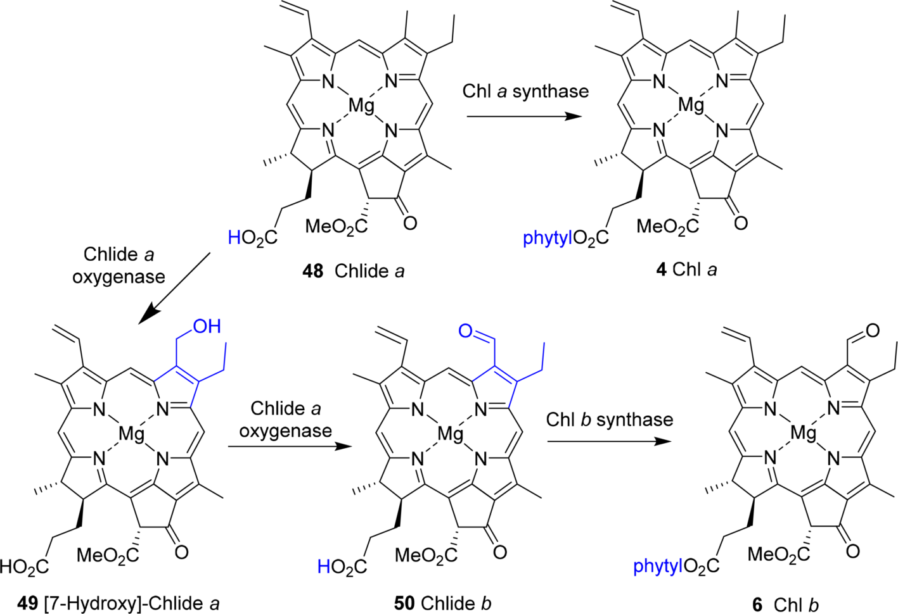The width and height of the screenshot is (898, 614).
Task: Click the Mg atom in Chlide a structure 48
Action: coord(362,105)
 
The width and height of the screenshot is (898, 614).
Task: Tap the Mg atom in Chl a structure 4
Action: coord(691,105)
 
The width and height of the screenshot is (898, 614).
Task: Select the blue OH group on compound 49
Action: coord(207,327)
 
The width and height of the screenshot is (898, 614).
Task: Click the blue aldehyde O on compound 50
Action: coord(465,331)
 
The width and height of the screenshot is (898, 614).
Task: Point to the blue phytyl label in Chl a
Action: coord(547,238)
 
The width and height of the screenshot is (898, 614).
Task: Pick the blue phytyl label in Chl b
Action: coord(658,565)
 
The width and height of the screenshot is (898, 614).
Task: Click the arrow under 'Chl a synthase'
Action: coord(523,117)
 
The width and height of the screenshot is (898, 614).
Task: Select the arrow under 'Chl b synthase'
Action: coord(608,441)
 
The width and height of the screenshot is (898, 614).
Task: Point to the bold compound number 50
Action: coord(404,603)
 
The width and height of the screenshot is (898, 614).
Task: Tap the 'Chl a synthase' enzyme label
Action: coord(525,91)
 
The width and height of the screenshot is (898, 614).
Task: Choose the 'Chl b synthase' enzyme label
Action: coord(609,419)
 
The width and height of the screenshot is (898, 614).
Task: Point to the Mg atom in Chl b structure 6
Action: coord(804,434)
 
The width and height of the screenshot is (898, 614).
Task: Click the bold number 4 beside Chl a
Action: coord(661,270)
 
